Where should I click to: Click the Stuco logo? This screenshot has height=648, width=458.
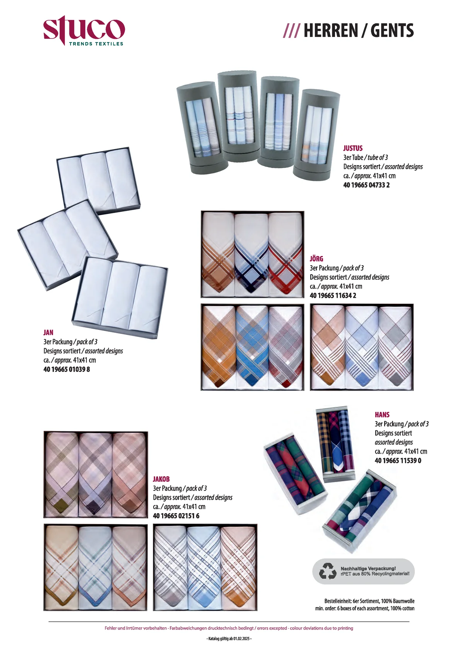84,31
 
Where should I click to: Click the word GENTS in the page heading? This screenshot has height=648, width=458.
392,31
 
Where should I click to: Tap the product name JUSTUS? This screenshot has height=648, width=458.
353,148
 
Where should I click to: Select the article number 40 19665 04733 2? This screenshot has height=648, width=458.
366,185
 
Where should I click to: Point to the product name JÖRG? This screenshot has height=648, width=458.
316,259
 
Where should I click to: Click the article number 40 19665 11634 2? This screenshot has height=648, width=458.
333,296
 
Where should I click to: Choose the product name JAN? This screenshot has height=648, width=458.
48,332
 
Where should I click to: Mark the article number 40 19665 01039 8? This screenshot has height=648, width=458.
66,369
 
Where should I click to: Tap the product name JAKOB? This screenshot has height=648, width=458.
161,479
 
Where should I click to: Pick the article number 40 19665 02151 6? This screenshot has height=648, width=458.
176,516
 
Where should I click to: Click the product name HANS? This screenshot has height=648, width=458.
382,415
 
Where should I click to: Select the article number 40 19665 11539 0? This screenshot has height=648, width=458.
398,461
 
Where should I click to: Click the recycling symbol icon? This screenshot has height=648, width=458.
328,571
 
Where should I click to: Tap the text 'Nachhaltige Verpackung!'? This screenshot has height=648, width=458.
368,569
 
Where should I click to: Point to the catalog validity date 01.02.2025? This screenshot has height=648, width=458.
242,638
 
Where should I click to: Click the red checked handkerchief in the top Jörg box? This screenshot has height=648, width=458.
285,255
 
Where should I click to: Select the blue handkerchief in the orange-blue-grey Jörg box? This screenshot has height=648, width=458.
252,347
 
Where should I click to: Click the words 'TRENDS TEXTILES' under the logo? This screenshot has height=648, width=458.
96,44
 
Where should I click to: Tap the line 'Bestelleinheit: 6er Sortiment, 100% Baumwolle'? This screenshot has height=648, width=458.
369,601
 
